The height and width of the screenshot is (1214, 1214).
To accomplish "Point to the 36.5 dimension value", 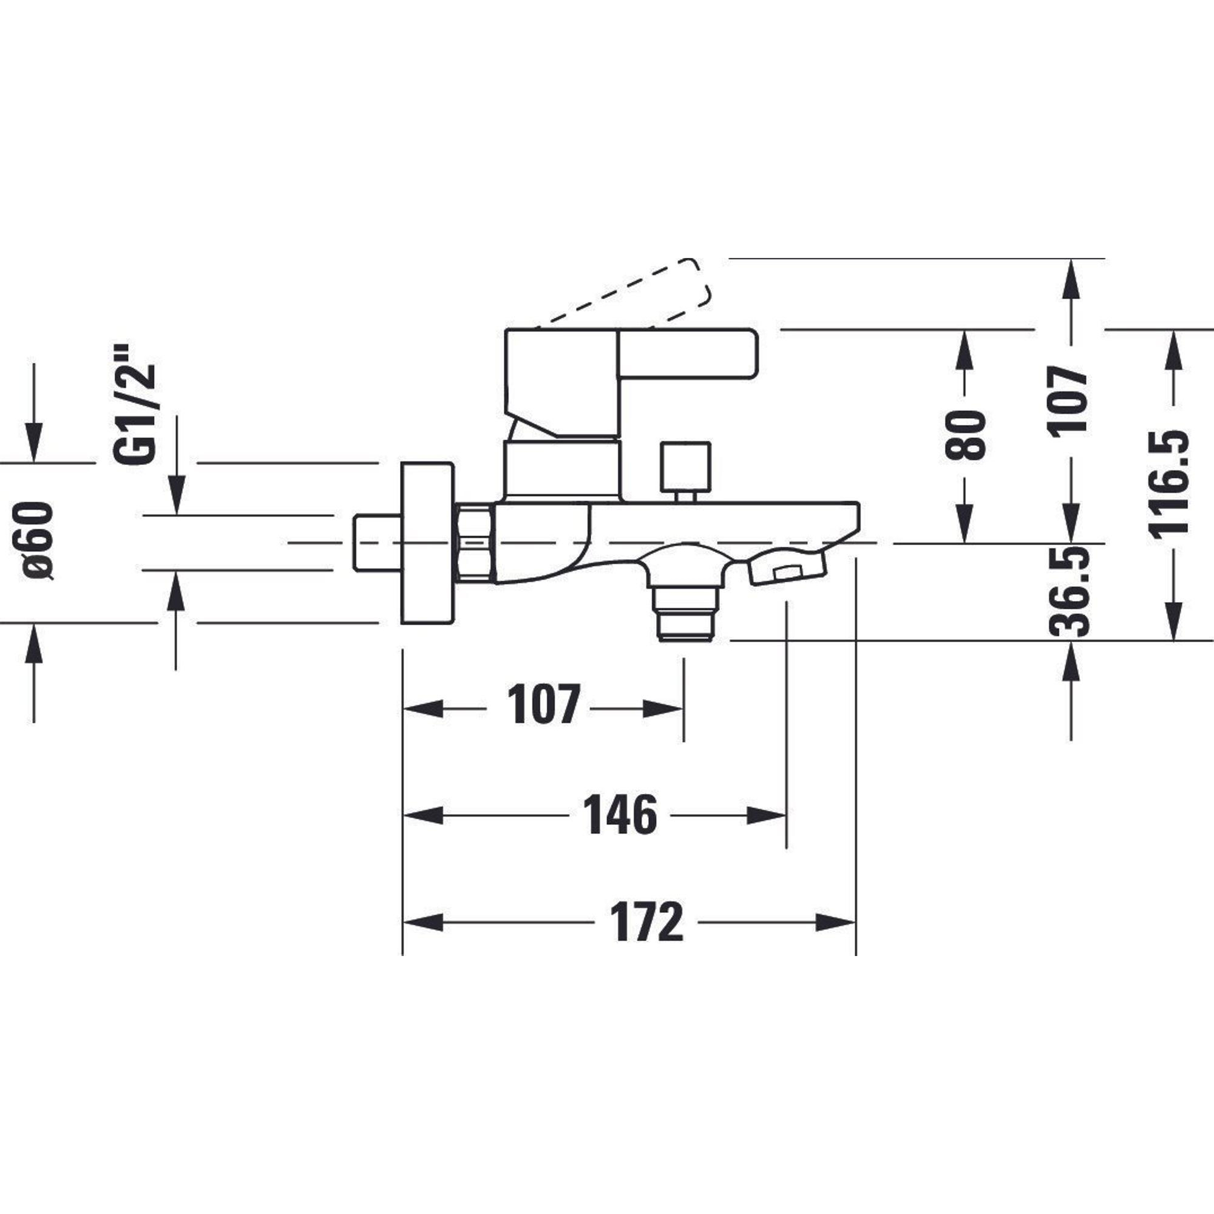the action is point(1070,591).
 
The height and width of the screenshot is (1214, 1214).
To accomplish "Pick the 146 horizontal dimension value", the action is point(620,816).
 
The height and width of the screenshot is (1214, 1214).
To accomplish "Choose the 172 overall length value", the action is point(647,923).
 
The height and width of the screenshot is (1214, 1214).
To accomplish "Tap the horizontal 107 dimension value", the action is point(543,704).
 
